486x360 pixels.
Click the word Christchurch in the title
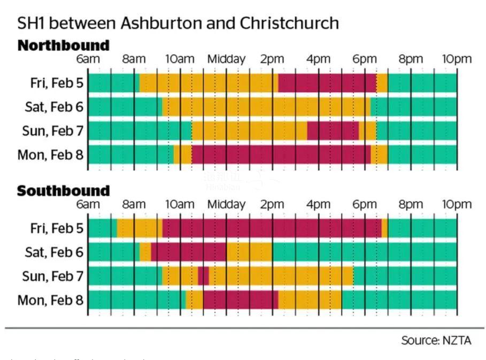click(x=289, y=24)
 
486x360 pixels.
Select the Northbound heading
click(x=63, y=45)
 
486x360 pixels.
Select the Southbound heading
click(x=63, y=191)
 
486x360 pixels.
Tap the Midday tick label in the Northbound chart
click(x=226, y=59)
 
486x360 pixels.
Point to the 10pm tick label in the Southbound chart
click(x=457, y=204)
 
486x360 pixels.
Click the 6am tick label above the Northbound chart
click(x=88, y=59)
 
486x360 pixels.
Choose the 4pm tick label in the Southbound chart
click(x=318, y=204)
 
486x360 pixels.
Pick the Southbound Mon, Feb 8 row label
click(x=50, y=300)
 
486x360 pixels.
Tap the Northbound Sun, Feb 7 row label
click(x=52, y=131)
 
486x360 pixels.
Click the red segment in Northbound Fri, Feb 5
click(x=327, y=83)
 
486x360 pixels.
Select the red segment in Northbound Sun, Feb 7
click(x=333, y=131)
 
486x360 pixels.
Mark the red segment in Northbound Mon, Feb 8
click(x=281, y=155)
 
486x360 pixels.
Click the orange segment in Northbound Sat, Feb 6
click(x=266, y=107)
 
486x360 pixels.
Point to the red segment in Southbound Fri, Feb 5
click(x=272, y=228)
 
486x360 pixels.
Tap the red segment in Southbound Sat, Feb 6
click(x=188, y=252)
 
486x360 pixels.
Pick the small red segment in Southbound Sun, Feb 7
click(x=203, y=276)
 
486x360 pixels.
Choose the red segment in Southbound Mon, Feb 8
click(x=240, y=300)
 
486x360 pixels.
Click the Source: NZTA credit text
click(x=436, y=341)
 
